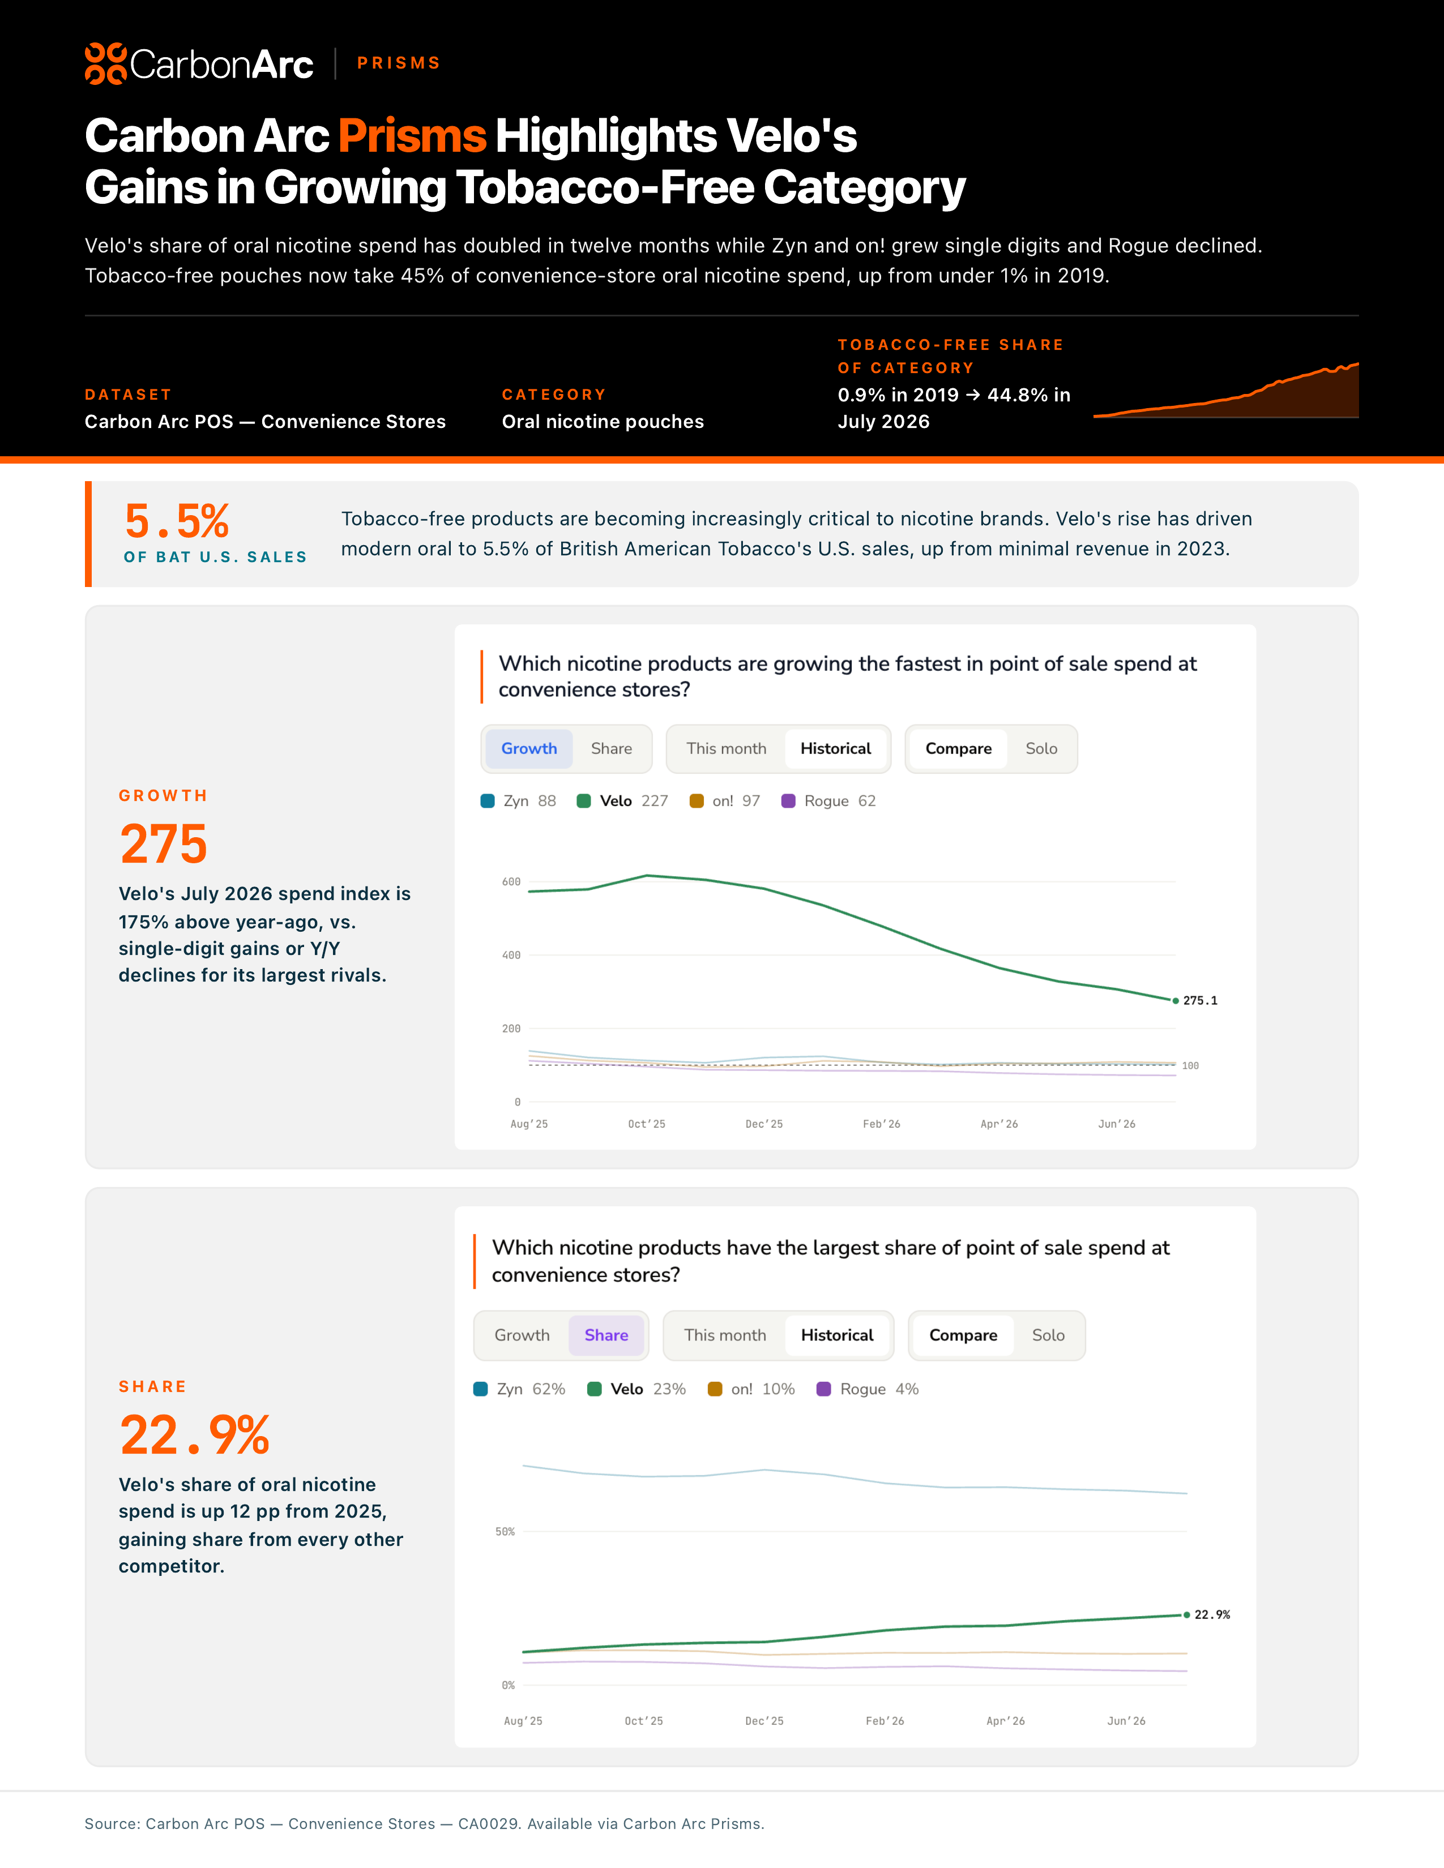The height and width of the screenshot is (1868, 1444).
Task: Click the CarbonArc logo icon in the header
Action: tap(106, 63)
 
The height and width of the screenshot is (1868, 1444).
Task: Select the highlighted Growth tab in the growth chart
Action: tap(529, 748)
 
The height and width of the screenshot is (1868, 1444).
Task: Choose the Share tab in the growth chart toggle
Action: tap(612, 748)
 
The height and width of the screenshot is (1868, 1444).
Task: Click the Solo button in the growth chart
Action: tap(1041, 748)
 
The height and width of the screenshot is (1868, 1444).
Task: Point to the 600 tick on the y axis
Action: tap(511, 882)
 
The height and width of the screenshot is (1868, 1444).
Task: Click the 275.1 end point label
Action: tap(1200, 1001)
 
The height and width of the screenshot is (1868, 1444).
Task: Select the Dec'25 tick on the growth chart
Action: tap(764, 1124)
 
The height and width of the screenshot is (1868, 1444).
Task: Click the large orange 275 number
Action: tap(164, 844)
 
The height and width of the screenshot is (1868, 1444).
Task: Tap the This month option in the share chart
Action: tap(725, 1335)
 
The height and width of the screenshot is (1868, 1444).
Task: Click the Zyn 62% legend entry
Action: tap(519, 1389)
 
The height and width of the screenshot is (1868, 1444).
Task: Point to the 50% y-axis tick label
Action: tap(505, 1532)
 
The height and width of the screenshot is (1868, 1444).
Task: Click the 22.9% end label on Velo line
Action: tap(1212, 1615)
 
